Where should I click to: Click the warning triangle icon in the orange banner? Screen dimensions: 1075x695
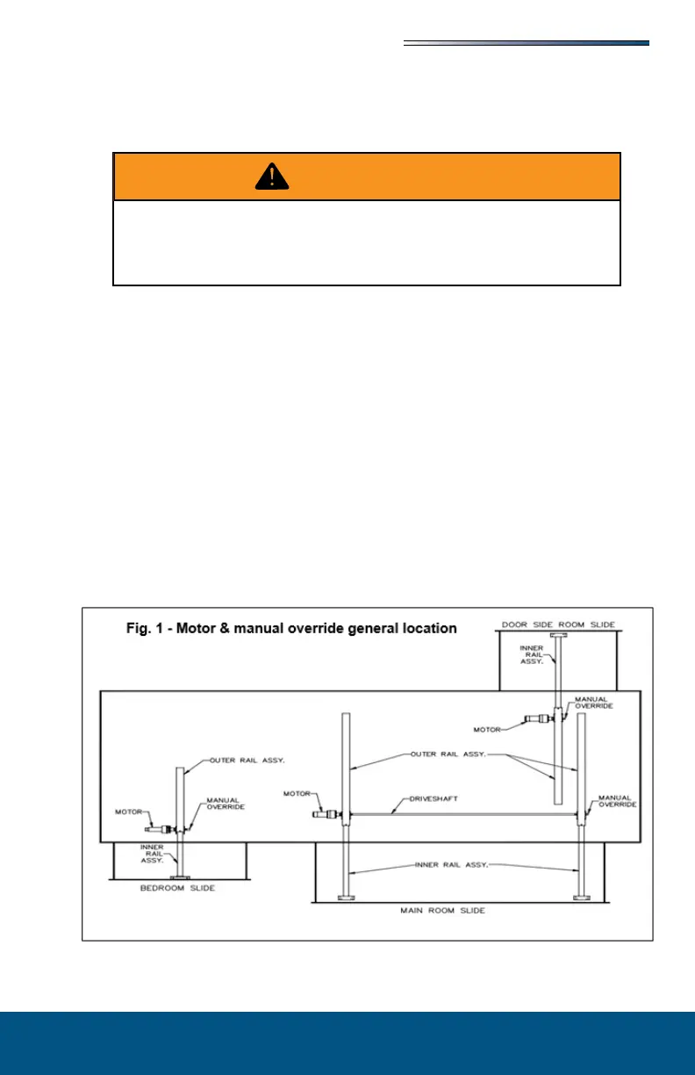click(x=273, y=177)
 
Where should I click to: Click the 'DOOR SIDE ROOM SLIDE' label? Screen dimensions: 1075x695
click(x=558, y=624)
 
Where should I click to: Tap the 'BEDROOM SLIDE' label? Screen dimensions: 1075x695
click(x=179, y=888)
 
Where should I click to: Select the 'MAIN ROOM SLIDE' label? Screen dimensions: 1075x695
click(x=450, y=911)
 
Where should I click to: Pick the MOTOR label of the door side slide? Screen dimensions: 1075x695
click(x=488, y=729)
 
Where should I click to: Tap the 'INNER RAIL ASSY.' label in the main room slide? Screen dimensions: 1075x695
click(x=449, y=864)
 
